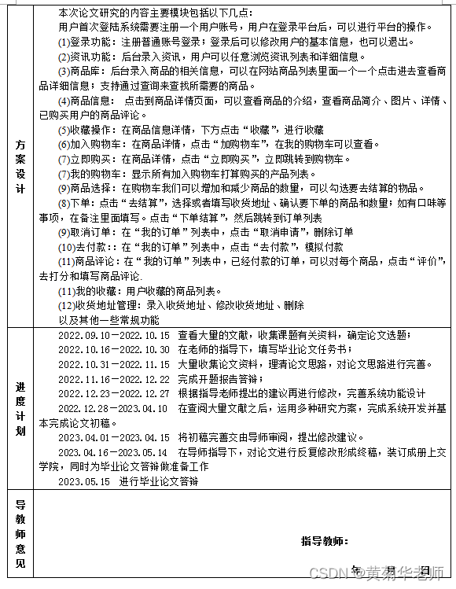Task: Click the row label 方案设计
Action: (20, 166)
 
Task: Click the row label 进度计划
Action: (20, 408)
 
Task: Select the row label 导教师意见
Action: (20, 534)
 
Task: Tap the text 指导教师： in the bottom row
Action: (324, 541)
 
